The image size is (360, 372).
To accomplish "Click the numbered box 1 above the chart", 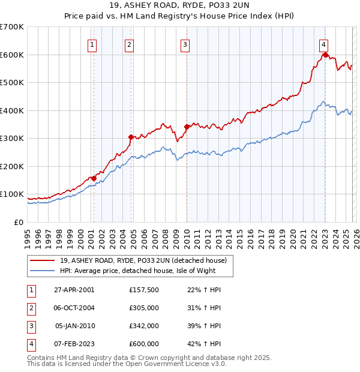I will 92,44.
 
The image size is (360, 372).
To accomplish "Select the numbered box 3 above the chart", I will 185,44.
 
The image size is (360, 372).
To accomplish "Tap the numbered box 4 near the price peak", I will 323,44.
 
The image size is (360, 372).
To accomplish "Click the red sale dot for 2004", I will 131,137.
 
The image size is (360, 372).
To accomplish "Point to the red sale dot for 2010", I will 187,127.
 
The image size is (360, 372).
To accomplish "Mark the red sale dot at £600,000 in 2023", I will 325,55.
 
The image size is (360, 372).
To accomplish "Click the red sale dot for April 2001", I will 94,178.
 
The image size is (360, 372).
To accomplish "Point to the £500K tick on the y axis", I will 12,82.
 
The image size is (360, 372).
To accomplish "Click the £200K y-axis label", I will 12,166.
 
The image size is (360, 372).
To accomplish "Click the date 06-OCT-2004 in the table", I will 74,308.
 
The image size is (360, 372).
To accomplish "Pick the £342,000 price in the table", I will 144,326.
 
